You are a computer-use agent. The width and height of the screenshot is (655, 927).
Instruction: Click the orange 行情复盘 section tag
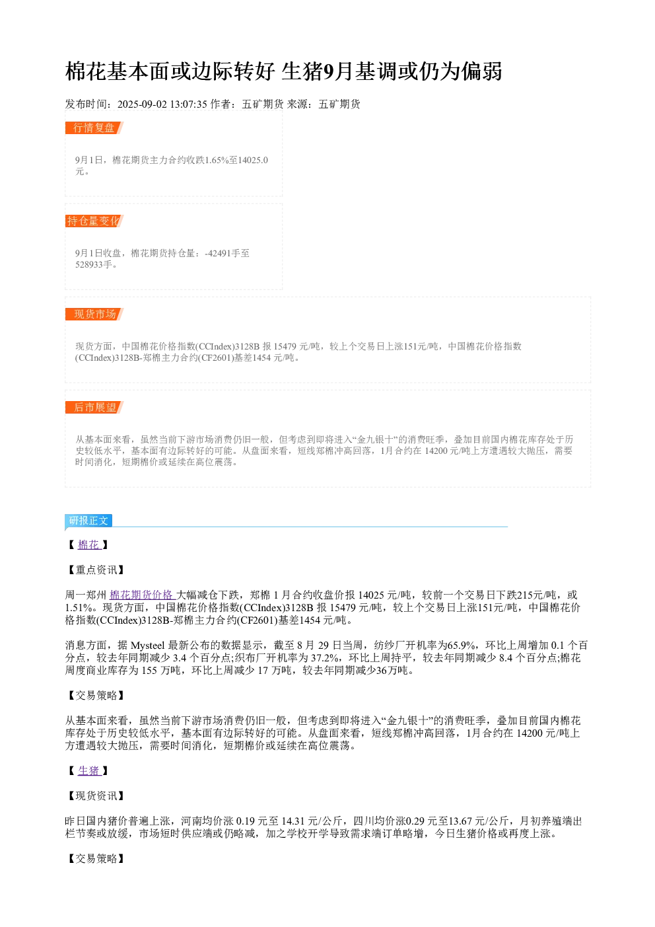click(94, 128)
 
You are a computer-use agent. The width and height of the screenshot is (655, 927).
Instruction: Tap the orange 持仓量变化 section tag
click(94, 221)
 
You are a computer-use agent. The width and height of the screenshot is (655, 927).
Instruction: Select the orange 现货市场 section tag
click(94, 314)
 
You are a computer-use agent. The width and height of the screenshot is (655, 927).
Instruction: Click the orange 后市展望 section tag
click(94, 407)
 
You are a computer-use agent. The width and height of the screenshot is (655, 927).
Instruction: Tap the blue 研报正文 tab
click(88, 521)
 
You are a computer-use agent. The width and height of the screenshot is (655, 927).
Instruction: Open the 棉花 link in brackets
click(88, 544)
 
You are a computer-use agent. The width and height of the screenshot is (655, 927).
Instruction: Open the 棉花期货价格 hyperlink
click(141, 595)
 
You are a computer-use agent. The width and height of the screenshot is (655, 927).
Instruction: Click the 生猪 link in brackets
click(88, 770)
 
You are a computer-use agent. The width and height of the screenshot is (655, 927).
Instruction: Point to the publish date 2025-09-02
click(142, 104)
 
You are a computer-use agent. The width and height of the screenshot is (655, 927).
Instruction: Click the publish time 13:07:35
click(189, 104)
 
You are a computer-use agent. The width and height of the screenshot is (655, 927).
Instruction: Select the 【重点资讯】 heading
click(96, 570)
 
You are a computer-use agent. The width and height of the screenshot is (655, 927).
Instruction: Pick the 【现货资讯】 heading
click(96, 796)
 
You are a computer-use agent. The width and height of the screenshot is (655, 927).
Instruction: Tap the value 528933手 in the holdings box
click(94, 264)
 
